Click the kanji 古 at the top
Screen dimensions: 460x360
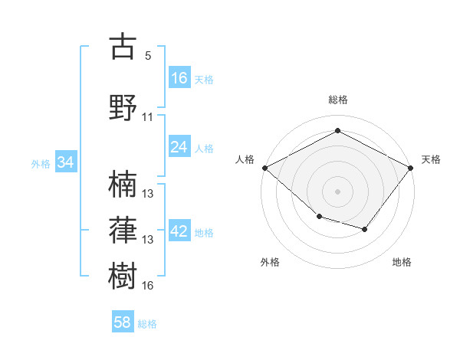(x=123, y=46)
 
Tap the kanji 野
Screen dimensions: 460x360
(x=123, y=107)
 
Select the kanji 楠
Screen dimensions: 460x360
(x=123, y=184)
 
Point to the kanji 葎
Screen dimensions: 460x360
(x=123, y=230)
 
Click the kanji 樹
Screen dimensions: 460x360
(x=123, y=276)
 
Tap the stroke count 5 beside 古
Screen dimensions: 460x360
(x=148, y=56)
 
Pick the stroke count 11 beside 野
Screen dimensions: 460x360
(x=147, y=117)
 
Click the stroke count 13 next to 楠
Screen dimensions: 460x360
(x=147, y=194)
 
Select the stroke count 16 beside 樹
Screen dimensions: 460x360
(x=147, y=286)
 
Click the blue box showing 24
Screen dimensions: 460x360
(x=179, y=146)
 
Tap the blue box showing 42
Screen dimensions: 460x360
(x=179, y=230)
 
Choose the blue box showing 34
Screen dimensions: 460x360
(x=66, y=162)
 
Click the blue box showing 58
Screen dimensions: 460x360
(x=123, y=321)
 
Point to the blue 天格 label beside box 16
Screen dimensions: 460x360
(x=204, y=80)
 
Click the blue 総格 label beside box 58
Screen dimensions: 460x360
(x=147, y=324)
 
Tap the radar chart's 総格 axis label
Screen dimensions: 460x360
(x=338, y=100)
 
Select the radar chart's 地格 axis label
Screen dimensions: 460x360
(x=402, y=262)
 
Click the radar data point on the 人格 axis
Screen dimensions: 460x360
(x=265, y=168)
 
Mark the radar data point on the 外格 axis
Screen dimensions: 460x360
(x=320, y=217)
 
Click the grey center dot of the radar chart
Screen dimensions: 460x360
(x=337, y=191)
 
